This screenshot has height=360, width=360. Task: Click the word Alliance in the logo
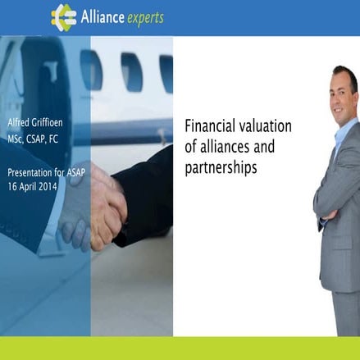[102, 17]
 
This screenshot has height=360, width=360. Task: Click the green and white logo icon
[63, 17]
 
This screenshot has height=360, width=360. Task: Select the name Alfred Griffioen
[34, 124]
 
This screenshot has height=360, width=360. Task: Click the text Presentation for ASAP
[43, 173]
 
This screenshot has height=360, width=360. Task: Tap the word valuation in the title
[266, 128]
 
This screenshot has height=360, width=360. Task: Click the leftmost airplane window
[89, 69]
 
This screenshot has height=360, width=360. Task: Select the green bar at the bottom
[180, 348]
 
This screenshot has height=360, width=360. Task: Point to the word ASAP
[73, 173]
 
